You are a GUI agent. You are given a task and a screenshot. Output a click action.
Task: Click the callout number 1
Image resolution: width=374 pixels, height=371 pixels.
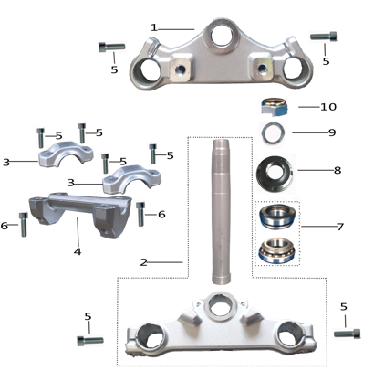coord(154,27)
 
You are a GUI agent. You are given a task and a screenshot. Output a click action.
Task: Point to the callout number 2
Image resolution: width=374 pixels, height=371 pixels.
coord(144,261)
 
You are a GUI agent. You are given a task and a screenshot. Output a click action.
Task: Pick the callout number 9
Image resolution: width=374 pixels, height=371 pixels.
coord(331,132)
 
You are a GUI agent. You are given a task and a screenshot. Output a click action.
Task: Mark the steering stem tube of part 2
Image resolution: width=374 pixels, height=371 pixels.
coord(223,210)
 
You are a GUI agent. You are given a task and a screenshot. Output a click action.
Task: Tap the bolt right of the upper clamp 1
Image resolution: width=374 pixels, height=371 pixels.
coord(324,37)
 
